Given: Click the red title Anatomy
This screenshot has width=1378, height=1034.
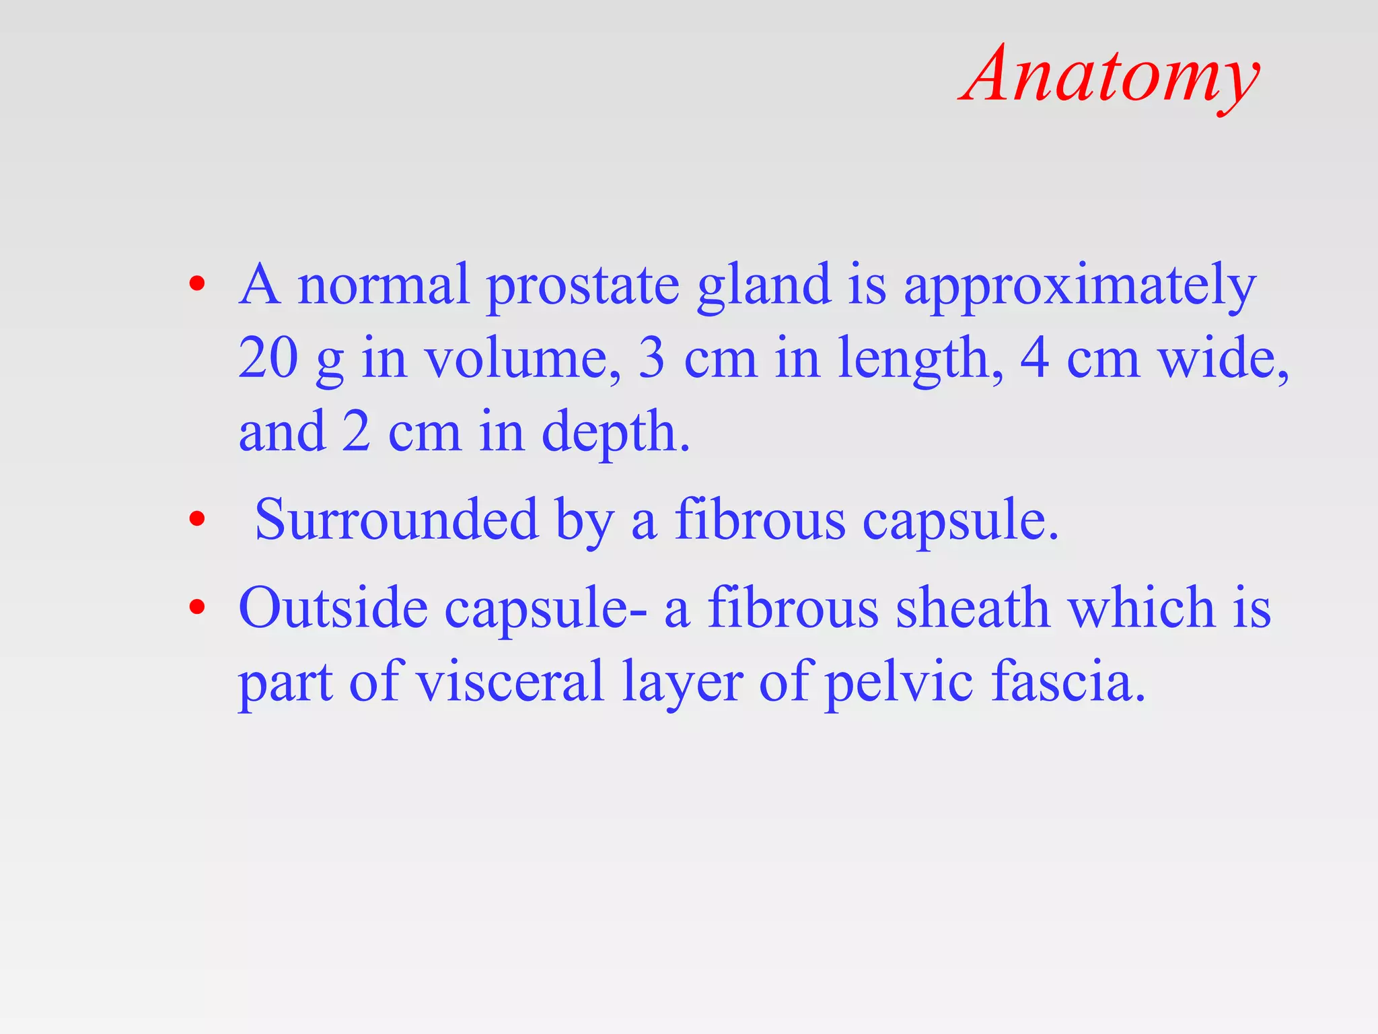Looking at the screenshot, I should tap(1110, 75).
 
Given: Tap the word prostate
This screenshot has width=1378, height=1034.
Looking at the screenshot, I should tap(583, 287).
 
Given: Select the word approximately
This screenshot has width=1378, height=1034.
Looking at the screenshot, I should tap(1079, 287).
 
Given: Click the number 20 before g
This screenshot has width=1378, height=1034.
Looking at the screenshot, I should tap(268, 358).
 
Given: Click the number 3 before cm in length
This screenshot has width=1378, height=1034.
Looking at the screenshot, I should tap(651, 358).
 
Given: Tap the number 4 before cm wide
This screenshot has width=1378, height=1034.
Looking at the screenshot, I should tap(1035, 358).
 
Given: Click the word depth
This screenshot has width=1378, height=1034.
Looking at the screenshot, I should tap(615, 434).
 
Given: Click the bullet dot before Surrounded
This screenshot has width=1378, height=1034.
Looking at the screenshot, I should tap(196, 519).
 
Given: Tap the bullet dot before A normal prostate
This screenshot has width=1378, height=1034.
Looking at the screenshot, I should tap(196, 283).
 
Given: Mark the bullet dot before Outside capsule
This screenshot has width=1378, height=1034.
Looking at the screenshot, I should tap(196, 607).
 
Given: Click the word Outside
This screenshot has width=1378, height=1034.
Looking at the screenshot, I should tap(333, 607).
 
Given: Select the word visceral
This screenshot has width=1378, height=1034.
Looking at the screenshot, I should tap(510, 681).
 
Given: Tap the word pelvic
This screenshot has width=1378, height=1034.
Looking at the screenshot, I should tap(899, 683).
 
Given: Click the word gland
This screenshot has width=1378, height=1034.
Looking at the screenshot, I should tap(764, 287).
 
